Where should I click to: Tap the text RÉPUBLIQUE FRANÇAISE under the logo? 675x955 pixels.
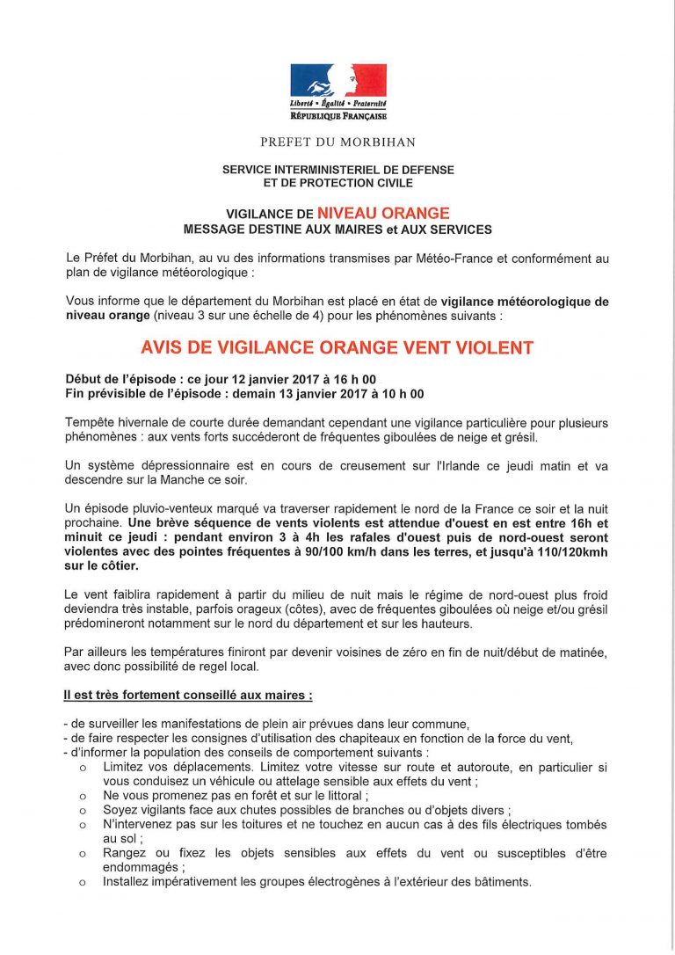coord(338,116)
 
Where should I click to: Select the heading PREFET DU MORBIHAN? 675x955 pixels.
coord(337,142)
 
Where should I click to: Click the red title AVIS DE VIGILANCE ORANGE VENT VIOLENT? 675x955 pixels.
coord(337,347)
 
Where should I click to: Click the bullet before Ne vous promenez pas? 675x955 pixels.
coord(82,795)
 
